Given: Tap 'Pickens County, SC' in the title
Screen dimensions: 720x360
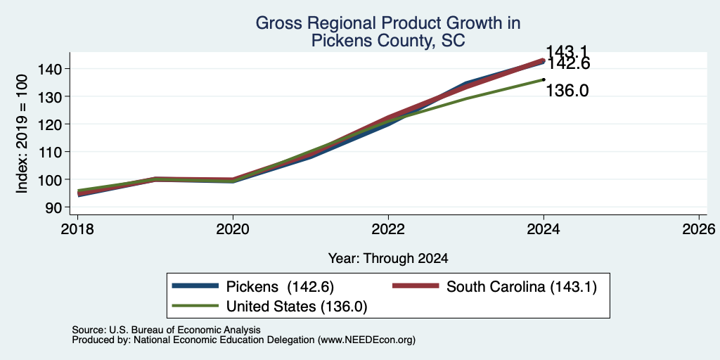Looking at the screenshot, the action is coord(388,41).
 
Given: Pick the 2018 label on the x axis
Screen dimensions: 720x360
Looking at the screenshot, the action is coord(77,229).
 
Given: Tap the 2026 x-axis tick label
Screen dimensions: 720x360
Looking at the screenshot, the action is coord(699,229).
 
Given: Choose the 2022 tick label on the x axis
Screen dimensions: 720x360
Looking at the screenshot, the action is coord(388,229).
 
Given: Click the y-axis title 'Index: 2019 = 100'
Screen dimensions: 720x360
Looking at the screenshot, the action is coord(22,134).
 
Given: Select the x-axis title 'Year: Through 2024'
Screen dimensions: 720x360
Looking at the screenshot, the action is coord(388,259).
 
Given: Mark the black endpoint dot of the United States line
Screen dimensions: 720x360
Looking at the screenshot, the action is coord(544,79).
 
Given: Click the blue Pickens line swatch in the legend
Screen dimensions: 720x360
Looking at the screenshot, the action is coord(195,286).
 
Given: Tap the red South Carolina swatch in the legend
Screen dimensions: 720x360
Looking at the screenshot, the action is coord(416,286).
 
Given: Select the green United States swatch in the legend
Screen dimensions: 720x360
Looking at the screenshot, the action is coord(195,306).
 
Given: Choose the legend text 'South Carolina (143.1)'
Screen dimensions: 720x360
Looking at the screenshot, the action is coord(522,287).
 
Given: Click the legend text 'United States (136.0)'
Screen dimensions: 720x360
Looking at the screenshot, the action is coord(297,307).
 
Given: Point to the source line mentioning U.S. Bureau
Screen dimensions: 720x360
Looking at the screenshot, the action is coord(166,330).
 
